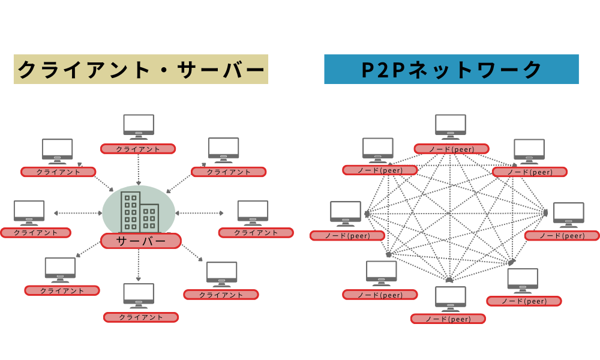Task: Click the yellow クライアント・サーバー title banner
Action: [x=141, y=70]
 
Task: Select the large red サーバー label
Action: [x=141, y=241]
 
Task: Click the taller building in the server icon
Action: [x=130, y=212]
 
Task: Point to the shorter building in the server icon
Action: [x=149, y=218]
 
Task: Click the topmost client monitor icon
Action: [x=139, y=126]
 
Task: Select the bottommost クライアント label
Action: [x=141, y=317]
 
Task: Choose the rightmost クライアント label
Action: [x=256, y=233]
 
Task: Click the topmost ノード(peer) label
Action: [x=451, y=149]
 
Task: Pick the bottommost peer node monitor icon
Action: [x=450, y=298]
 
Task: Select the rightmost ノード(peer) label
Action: [x=562, y=236]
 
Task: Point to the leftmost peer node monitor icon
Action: [x=346, y=214]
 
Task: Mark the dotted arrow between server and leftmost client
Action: [x=78, y=213]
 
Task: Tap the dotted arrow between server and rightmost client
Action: [x=200, y=213]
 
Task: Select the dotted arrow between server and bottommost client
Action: [x=139, y=265]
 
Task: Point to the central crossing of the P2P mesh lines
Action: [x=449, y=213]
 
